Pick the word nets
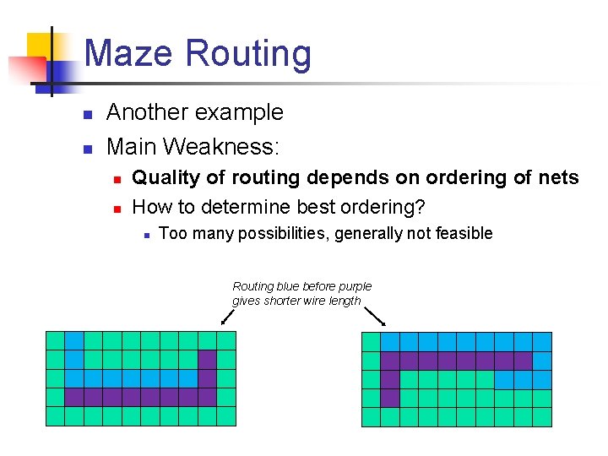(x=557, y=177)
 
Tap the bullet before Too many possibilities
(x=146, y=235)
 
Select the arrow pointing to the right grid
(x=377, y=317)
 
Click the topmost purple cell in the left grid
(x=207, y=359)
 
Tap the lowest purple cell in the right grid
(x=389, y=398)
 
